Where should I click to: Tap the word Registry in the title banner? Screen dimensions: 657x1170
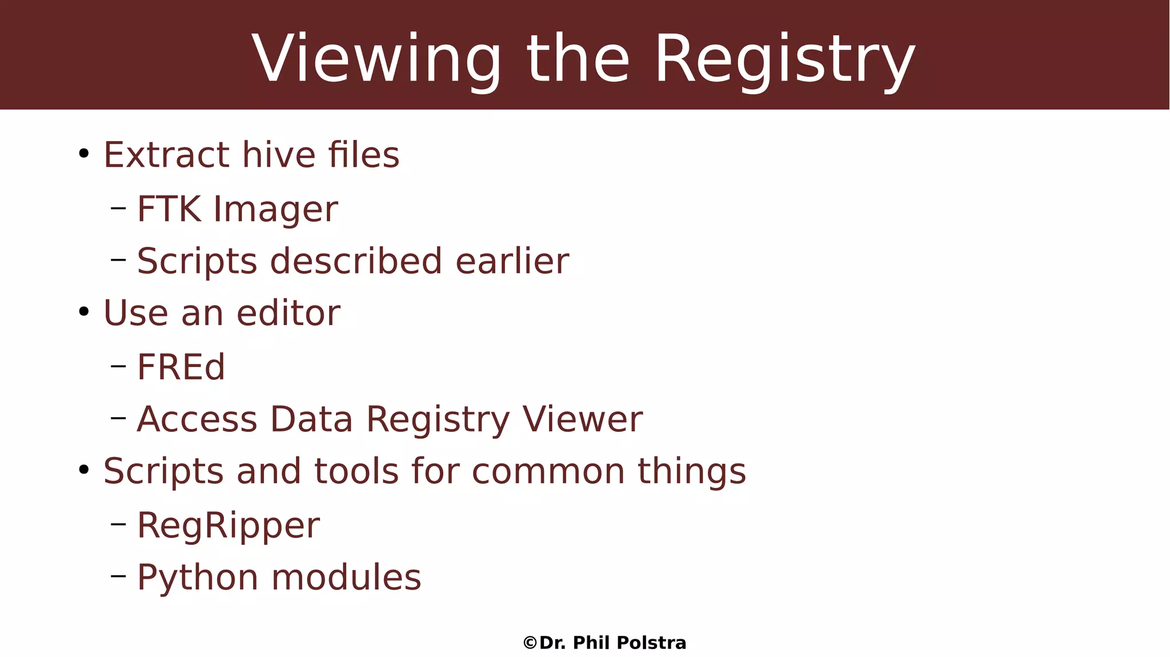pyautogui.click(x=784, y=59)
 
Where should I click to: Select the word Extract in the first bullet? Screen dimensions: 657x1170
pyautogui.click(x=166, y=155)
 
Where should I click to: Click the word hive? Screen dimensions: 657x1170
pyautogui.click(x=278, y=155)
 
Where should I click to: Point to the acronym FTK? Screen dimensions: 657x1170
pyautogui.click(x=169, y=209)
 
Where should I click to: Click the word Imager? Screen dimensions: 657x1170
pyautogui.click(x=275, y=210)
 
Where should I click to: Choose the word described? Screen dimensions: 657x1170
pyautogui.click(x=356, y=261)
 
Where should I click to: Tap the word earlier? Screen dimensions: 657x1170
pyautogui.click(x=512, y=261)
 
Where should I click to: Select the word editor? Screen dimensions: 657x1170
pyautogui.click(x=289, y=313)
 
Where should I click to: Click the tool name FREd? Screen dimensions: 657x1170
pyautogui.click(x=181, y=367)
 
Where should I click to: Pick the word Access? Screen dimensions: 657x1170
pyautogui.click(x=197, y=419)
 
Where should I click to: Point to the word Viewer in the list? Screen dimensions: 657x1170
pyautogui.click(x=583, y=419)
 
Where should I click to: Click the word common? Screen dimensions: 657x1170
pyautogui.click(x=548, y=471)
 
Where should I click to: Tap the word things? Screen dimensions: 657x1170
pyautogui.click(x=692, y=471)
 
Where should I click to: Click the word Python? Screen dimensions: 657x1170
pyautogui.click(x=198, y=578)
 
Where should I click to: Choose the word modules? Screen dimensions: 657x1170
pyautogui.click(x=346, y=578)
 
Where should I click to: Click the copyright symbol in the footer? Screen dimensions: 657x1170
pyautogui.click(x=530, y=643)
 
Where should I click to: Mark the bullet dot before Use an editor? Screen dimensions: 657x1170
pyautogui.click(x=84, y=312)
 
